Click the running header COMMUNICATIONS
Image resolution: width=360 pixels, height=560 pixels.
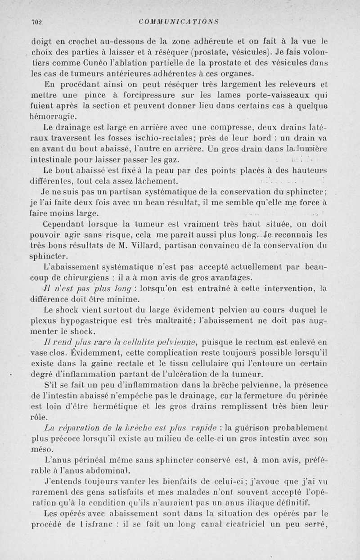pyautogui.click(x=179, y=21)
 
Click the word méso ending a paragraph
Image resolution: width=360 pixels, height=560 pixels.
pyautogui.click(x=42, y=450)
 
